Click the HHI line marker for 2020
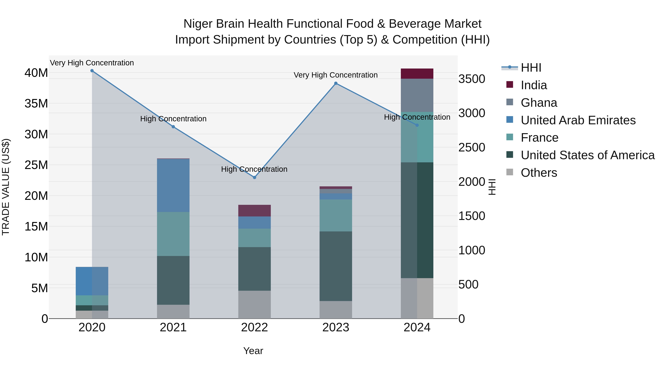(92, 71)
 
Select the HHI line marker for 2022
(254, 177)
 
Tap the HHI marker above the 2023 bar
(336, 83)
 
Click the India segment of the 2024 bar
(417, 74)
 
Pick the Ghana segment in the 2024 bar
(417, 95)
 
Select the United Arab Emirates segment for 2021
(173, 185)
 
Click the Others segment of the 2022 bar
(254, 305)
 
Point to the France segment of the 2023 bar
(336, 216)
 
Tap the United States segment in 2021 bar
(173, 280)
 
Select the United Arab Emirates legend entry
(578, 120)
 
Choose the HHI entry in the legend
(531, 68)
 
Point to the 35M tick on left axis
(36, 103)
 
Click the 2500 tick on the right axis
(472, 148)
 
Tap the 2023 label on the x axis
(336, 327)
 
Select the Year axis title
(253, 351)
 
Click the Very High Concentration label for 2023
(336, 75)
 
